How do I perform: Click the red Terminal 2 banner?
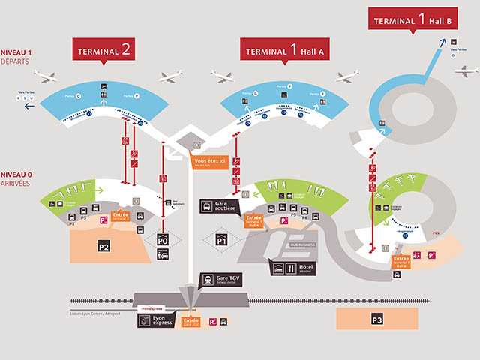(x=106, y=49)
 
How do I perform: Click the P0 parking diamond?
(x=163, y=240)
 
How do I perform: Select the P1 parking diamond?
(x=222, y=240)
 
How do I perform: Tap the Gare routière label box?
(x=219, y=206)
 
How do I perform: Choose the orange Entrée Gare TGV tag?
(x=192, y=320)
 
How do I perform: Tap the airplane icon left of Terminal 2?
(x=45, y=76)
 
